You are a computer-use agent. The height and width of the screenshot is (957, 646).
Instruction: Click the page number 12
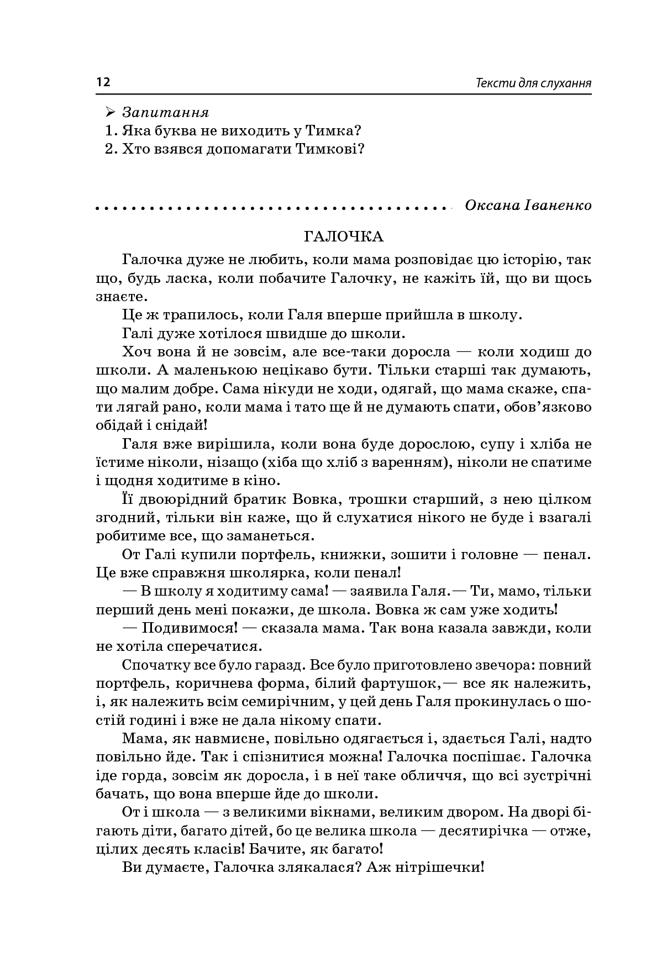point(103,83)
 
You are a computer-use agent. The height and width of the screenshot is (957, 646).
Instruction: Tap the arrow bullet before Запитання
point(109,113)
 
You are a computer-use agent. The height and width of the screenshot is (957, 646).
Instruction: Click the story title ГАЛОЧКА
point(343,237)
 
